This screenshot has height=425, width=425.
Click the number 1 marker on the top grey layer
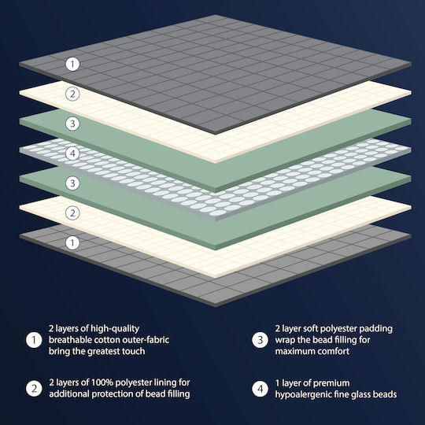[x=72, y=65]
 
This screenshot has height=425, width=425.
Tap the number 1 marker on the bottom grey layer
[x=72, y=242]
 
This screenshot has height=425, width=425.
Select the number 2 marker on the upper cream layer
[x=72, y=94]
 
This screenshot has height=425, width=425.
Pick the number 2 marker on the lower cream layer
[x=72, y=213]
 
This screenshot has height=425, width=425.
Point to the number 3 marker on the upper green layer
[x=72, y=124]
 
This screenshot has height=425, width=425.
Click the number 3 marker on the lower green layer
[x=72, y=183]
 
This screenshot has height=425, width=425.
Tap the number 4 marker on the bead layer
[x=72, y=153]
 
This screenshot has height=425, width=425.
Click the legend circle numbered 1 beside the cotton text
[x=34, y=340]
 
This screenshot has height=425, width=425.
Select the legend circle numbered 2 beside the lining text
[x=34, y=389]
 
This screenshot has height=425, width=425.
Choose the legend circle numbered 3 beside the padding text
[x=261, y=340]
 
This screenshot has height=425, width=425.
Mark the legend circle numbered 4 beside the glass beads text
[x=261, y=389]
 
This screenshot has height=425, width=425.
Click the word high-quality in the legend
[x=115, y=329]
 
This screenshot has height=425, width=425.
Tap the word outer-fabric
[x=146, y=340]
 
